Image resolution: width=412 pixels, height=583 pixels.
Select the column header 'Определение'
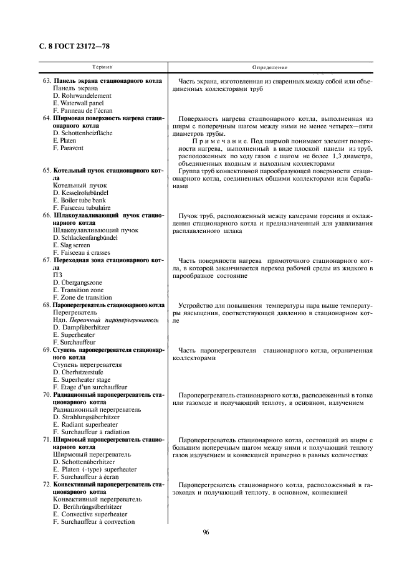[x=270, y=67]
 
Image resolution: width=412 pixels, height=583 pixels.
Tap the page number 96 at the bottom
[x=206, y=532]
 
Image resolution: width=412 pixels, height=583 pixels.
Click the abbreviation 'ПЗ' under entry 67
[x=58, y=275]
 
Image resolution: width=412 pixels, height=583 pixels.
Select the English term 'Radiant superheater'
[x=85, y=424]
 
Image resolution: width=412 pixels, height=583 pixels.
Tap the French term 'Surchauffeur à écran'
[x=87, y=476]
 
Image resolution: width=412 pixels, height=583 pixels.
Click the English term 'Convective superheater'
[x=90, y=514]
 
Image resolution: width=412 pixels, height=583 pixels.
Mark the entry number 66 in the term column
[x=47, y=215]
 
